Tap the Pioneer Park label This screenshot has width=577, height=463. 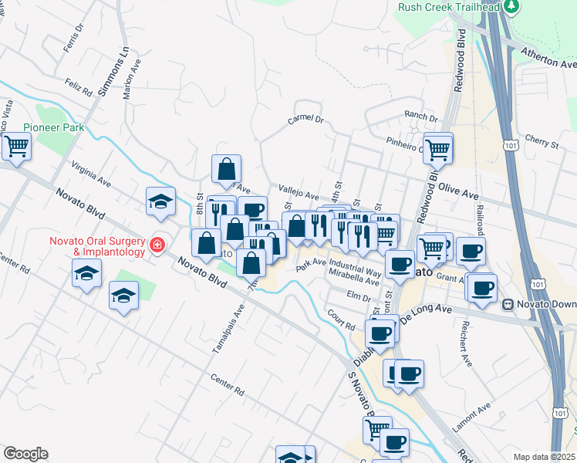(53, 127)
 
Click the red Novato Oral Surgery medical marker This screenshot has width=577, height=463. (157, 245)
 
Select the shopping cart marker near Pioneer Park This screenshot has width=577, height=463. (17, 146)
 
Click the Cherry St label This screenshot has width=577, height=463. (541, 144)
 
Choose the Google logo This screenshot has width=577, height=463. (25, 454)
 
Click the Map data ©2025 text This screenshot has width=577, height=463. (543, 456)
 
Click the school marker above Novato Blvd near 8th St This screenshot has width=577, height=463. (161, 201)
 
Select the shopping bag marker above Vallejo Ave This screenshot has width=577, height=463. (227, 169)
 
